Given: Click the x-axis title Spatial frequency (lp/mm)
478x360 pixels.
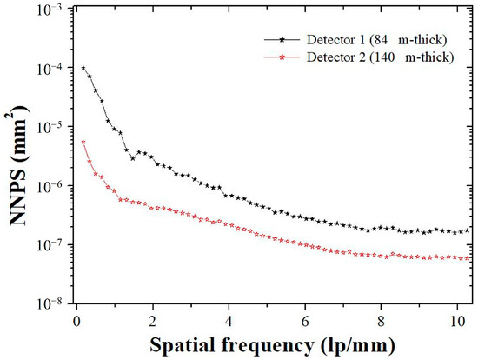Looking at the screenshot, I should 272,344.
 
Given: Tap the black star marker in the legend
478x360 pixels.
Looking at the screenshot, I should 282,40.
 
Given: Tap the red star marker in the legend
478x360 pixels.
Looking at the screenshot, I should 282,57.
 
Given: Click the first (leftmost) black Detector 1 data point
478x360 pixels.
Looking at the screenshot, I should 83,68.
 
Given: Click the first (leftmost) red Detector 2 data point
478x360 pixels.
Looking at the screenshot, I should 83,142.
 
